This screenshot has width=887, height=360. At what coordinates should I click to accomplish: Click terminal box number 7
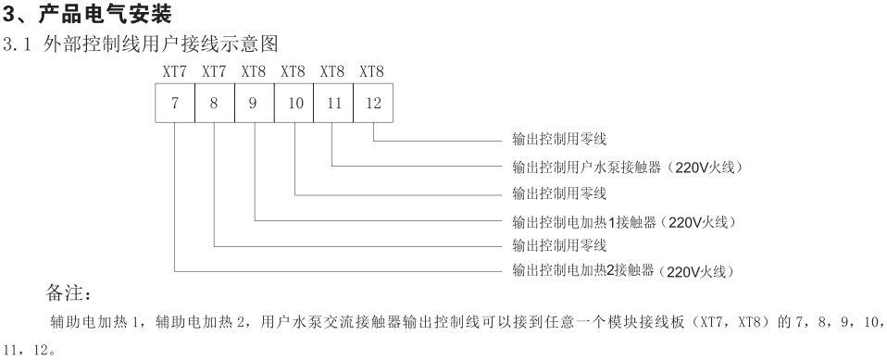tap(174, 103)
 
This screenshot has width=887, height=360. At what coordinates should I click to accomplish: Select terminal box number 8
tap(214, 103)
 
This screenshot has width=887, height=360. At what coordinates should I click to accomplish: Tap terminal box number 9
tap(253, 103)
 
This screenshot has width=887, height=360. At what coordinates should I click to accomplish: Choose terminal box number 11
tap(332, 103)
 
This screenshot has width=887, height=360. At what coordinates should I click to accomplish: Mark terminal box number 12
tap(371, 103)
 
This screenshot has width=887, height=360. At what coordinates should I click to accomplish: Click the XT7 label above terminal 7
tap(174, 70)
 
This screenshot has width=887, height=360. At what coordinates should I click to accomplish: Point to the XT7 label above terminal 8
tap(214, 70)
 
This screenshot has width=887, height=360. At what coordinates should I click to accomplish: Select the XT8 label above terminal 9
tap(253, 70)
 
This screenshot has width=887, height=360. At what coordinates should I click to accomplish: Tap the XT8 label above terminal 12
tap(371, 70)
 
